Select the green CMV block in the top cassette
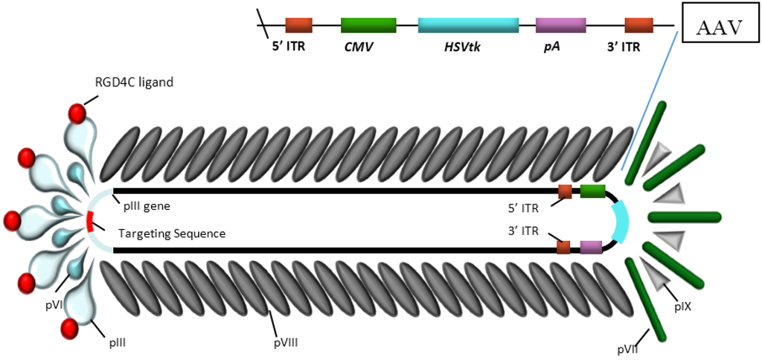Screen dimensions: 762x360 coord(368,25)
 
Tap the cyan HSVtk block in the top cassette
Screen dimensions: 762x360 coord(468,25)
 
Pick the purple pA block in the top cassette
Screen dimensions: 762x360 coord(560,25)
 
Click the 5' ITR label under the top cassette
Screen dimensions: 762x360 coord(289,46)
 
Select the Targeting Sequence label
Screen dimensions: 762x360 coord(172,234)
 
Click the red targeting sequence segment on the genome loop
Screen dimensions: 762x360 coord(89,221)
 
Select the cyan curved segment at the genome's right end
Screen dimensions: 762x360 coord(620,221)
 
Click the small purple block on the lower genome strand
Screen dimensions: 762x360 coord(591,247)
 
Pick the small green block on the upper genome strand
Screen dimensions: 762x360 coord(593,192)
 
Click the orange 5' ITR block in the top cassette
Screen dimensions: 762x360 coord(298,25)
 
